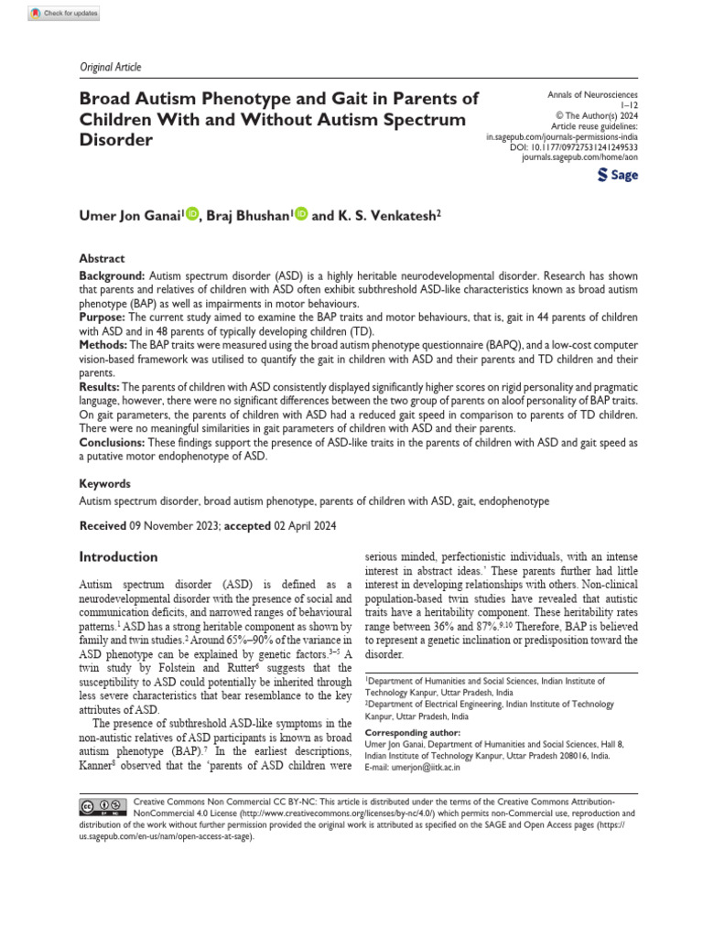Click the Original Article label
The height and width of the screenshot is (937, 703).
pyautogui.click(x=105, y=67)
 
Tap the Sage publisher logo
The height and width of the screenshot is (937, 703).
pyautogui.click(x=617, y=175)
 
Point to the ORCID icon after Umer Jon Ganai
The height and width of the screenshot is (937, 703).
pyautogui.click(x=192, y=214)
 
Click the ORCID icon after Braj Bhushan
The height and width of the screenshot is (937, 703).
pyautogui.click(x=302, y=214)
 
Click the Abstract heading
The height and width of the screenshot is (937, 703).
pyautogui.click(x=102, y=259)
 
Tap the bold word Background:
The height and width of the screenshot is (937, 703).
pyautogui.click(x=112, y=275)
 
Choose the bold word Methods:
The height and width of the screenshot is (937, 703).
pyautogui.click(x=104, y=345)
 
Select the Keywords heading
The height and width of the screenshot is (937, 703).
pyautogui.click(x=105, y=483)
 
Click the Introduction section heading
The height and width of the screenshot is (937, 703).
pyautogui.click(x=118, y=556)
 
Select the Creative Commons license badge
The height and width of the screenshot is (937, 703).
pyautogui.click(x=101, y=806)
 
